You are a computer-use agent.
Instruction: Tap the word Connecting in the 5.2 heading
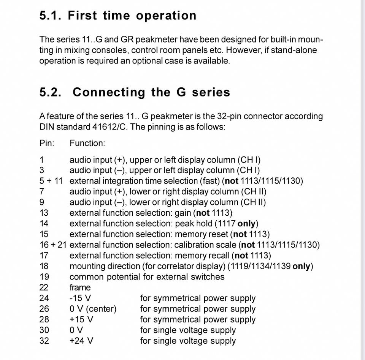point(109,92)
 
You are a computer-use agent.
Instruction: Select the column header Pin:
point(47,143)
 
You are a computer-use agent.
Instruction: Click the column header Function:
point(87,143)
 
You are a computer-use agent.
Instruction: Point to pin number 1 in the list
point(42,160)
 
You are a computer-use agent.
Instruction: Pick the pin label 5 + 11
point(51,181)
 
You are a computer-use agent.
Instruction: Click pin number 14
point(44,224)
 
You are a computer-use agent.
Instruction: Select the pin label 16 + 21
point(53,245)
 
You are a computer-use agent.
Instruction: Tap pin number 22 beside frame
point(44,287)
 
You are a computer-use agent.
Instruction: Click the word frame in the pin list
point(80,287)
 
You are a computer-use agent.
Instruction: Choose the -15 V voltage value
point(80,298)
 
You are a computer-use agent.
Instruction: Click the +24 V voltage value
point(81,341)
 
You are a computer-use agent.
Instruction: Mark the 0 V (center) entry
point(93,309)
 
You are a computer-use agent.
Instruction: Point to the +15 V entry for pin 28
point(81,319)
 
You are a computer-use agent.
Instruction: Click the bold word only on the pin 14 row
point(246,224)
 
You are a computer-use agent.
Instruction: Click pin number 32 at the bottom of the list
point(44,341)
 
